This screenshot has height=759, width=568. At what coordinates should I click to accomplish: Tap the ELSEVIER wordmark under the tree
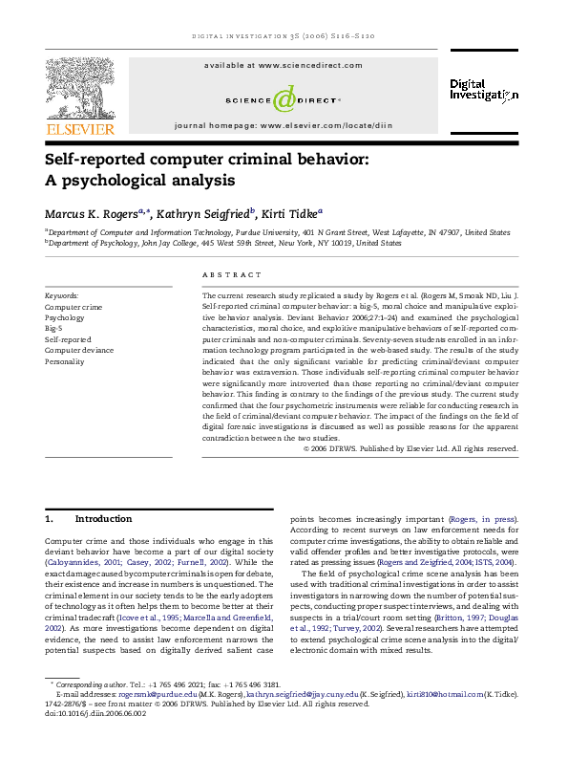(x=79, y=120)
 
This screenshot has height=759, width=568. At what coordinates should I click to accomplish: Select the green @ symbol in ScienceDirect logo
(x=284, y=97)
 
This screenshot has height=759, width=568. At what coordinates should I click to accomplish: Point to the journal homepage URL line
(x=284, y=125)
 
